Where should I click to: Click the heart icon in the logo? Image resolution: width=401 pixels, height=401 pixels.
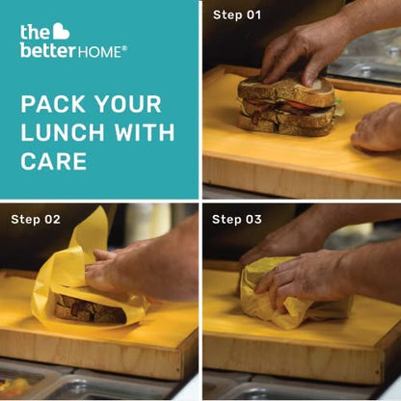(x=61, y=32)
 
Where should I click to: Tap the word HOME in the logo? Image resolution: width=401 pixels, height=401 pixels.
(x=99, y=52)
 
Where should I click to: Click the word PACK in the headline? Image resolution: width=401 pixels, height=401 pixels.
(x=54, y=104)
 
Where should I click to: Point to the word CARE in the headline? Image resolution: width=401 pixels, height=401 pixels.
(x=54, y=161)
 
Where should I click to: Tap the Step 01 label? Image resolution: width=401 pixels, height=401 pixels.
(x=237, y=15)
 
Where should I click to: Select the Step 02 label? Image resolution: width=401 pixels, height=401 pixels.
(x=36, y=220)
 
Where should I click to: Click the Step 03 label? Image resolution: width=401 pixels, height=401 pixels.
(x=237, y=220)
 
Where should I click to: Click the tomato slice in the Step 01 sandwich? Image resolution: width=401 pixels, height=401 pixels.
(x=299, y=105)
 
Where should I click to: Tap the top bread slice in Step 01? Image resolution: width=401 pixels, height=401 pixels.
(x=285, y=91)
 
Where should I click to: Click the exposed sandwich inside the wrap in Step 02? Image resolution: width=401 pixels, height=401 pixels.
(x=90, y=309)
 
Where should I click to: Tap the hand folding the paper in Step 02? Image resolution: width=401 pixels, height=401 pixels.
(x=142, y=270)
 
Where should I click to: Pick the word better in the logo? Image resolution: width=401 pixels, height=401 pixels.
(x=48, y=51)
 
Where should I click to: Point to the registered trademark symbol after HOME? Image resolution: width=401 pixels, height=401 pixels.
(x=124, y=48)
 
